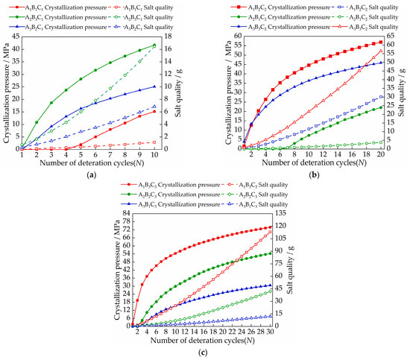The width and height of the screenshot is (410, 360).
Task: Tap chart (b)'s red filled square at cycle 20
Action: click(x=381, y=42)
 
